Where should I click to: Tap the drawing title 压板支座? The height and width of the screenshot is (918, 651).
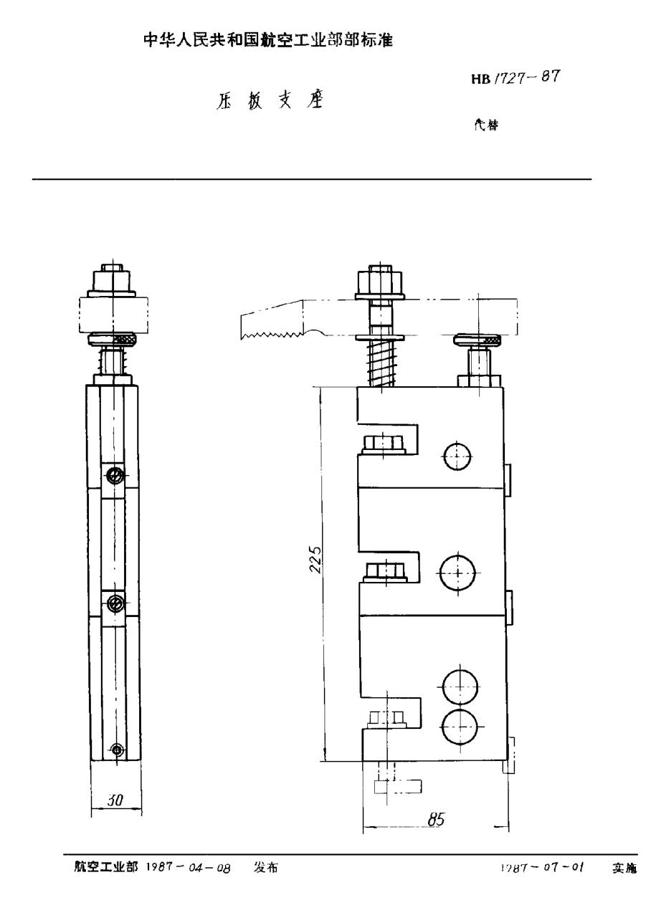click(x=267, y=101)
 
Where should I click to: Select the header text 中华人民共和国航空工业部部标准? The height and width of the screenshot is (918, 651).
click(x=270, y=40)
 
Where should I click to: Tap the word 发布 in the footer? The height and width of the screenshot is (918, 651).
click(x=265, y=867)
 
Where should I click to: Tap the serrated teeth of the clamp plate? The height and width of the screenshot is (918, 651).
click(x=273, y=333)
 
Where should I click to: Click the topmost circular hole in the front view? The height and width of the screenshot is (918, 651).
click(x=457, y=456)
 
